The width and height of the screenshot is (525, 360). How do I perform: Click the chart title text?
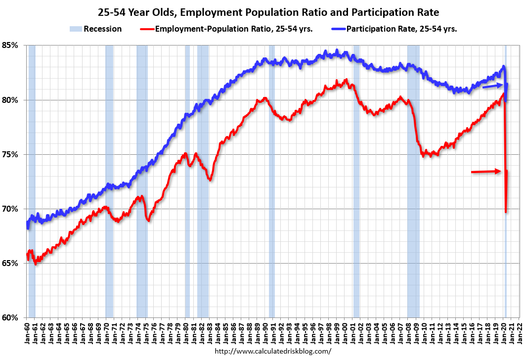coord(262,11)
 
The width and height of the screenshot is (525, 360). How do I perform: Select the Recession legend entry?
coord(96,29)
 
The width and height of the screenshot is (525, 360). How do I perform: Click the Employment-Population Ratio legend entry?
coord(232,29)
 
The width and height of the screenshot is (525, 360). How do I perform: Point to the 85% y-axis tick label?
coord(10,45)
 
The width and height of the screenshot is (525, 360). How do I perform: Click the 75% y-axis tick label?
coord(10,154)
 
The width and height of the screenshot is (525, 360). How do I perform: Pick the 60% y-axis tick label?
coord(10,317)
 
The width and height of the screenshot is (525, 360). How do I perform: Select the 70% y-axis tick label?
coord(10,209)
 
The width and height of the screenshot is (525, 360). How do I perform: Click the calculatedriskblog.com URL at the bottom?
coord(273,352)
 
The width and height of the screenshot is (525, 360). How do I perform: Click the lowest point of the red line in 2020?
coord(506,212)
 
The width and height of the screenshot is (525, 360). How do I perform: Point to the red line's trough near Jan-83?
coord(210,180)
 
